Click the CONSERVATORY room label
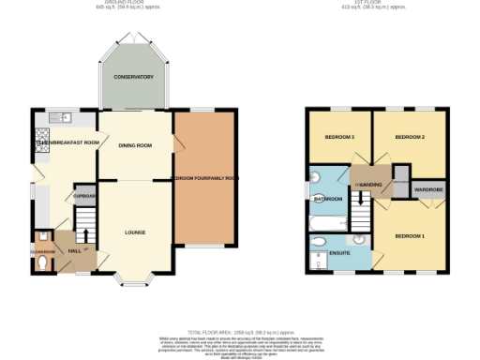(x=134, y=76)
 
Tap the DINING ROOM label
(x=135, y=145)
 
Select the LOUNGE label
(x=135, y=232)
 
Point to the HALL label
(x=75, y=251)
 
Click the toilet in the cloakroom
(x=41, y=264)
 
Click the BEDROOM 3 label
(x=338, y=137)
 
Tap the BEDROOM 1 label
(x=409, y=234)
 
